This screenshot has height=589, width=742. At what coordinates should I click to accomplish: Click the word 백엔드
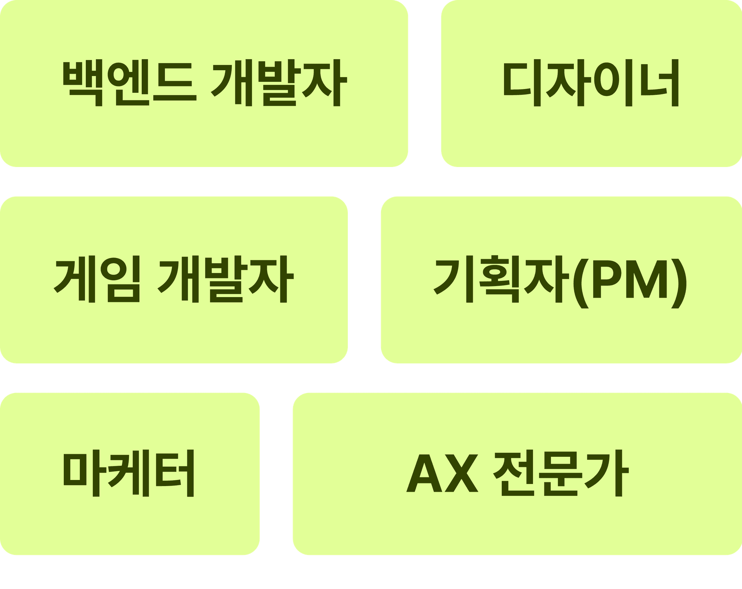tap(129, 84)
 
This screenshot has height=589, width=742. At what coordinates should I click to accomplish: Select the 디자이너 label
tap(591, 84)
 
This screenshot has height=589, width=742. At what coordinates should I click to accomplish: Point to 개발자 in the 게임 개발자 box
tap(225, 280)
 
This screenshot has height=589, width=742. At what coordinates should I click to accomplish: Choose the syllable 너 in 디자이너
tap(659, 84)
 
